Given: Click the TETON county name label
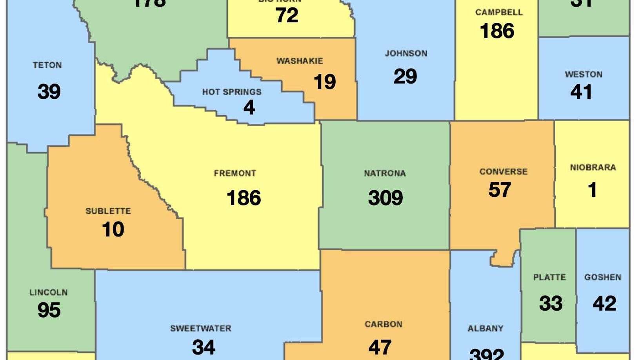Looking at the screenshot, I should tap(47, 65).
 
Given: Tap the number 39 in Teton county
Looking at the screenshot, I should tap(49, 91).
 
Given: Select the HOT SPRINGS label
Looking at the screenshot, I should tap(231, 92).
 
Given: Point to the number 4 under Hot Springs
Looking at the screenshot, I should tap(249, 107).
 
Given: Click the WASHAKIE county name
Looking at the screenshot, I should tap(300, 61).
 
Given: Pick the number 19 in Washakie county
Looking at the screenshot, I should tap(325, 82).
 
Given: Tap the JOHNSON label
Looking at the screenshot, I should tap(406, 53).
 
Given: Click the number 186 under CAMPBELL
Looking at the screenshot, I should tap(497, 31).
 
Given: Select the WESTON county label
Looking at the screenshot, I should tap(584, 74).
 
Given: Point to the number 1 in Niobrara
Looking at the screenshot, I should tap(592, 190).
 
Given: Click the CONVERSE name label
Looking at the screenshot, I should tap(504, 172).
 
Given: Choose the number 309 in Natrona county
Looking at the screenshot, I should tap(385, 198).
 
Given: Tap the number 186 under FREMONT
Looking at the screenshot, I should tap(244, 198).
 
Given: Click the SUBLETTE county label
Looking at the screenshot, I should tap(108, 211).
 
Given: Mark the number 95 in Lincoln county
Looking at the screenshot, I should tap(49, 310).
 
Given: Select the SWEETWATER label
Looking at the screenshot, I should tap(200, 328).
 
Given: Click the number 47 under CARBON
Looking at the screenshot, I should tap(380, 347).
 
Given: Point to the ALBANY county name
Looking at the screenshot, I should tap(485, 328).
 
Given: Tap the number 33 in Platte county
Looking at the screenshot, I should tap(551, 304).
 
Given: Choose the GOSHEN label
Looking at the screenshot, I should tap(603, 277).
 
